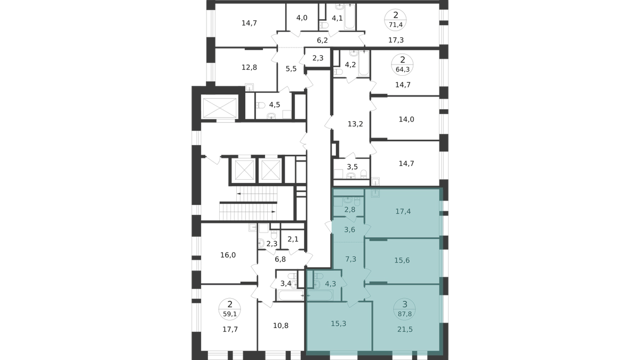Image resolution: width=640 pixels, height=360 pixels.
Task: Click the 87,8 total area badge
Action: coord(405,309)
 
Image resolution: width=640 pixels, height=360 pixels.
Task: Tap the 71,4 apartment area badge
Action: coord(395,20)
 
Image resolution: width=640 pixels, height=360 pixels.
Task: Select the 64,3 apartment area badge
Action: coord(403,65)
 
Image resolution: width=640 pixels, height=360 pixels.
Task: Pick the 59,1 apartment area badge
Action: coord(230,309)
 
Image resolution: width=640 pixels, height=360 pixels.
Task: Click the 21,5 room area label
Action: coord(405,330)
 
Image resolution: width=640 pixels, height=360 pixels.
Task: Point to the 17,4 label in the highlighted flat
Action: coord(403,211)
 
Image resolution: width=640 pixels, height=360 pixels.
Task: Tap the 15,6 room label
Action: coord(402,260)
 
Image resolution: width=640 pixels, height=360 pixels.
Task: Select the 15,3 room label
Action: coord(339,323)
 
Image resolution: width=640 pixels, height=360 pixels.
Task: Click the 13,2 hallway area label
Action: coord(355,124)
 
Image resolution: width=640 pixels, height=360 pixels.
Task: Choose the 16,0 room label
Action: coord(228,255)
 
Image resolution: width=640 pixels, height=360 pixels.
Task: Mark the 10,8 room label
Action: coord(281,325)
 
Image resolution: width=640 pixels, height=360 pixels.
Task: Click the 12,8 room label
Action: coord(250,67)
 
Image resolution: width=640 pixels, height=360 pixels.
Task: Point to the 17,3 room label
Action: coord(396,40)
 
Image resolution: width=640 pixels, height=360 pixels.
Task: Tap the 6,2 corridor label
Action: coord(322,41)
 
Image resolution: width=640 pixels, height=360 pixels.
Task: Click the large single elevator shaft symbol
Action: coord(220,108)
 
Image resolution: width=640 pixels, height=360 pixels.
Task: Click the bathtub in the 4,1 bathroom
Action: coord(350,17)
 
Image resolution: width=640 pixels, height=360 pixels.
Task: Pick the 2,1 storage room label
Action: coord(293,239)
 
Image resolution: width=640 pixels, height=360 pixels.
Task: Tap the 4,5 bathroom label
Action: coord(275,105)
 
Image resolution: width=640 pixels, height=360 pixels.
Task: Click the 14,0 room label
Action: coord(406,119)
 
